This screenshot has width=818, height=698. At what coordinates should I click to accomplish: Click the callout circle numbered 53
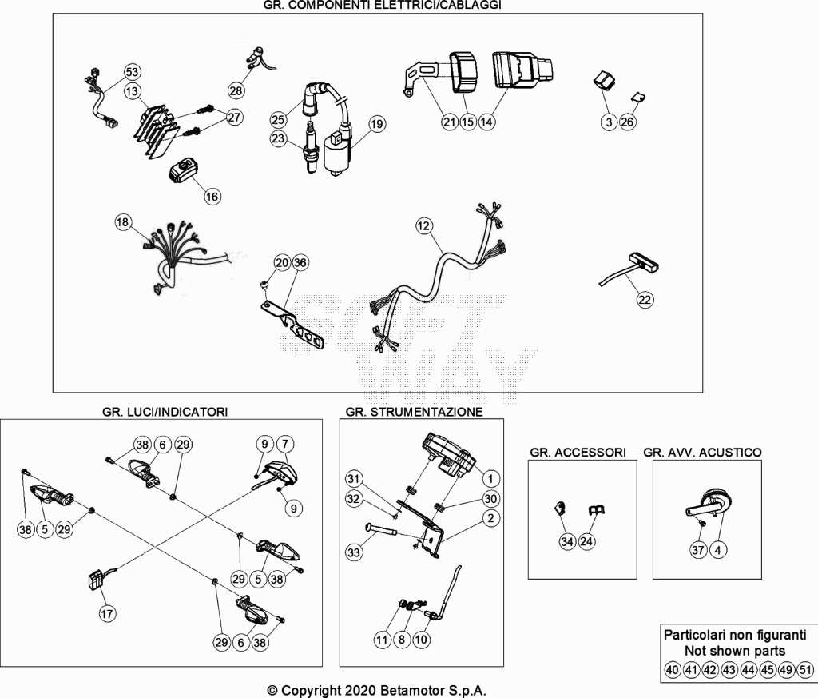(x=133, y=72)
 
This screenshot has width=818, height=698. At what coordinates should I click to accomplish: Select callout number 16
(x=212, y=197)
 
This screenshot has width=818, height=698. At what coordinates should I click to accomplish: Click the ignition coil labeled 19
(x=338, y=151)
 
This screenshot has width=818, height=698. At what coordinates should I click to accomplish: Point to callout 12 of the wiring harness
(x=423, y=226)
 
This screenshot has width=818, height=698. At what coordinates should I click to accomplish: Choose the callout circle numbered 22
(x=645, y=300)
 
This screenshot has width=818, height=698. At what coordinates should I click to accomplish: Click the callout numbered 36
(x=300, y=262)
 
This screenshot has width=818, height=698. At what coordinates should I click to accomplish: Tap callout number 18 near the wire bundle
(x=122, y=222)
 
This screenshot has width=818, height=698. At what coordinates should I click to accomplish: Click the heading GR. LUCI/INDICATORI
(x=165, y=412)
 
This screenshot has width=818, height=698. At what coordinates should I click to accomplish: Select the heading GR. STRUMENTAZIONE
(x=415, y=412)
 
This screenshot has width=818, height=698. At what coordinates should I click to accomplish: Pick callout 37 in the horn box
(x=698, y=550)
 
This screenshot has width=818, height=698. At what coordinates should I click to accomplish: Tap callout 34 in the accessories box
(x=568, y=542)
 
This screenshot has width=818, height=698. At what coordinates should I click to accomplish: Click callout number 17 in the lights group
(x=108, y=613)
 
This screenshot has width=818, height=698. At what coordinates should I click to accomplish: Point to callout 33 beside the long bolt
(x=354, y=552)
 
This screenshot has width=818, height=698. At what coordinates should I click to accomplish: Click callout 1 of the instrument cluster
(x=490, y=478)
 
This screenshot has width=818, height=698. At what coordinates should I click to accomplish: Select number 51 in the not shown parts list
(x=806, y=670)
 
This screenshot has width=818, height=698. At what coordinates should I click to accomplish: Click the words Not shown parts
(x=735, y=651)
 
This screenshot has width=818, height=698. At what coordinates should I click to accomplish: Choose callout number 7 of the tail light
(x=285, y=445)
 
